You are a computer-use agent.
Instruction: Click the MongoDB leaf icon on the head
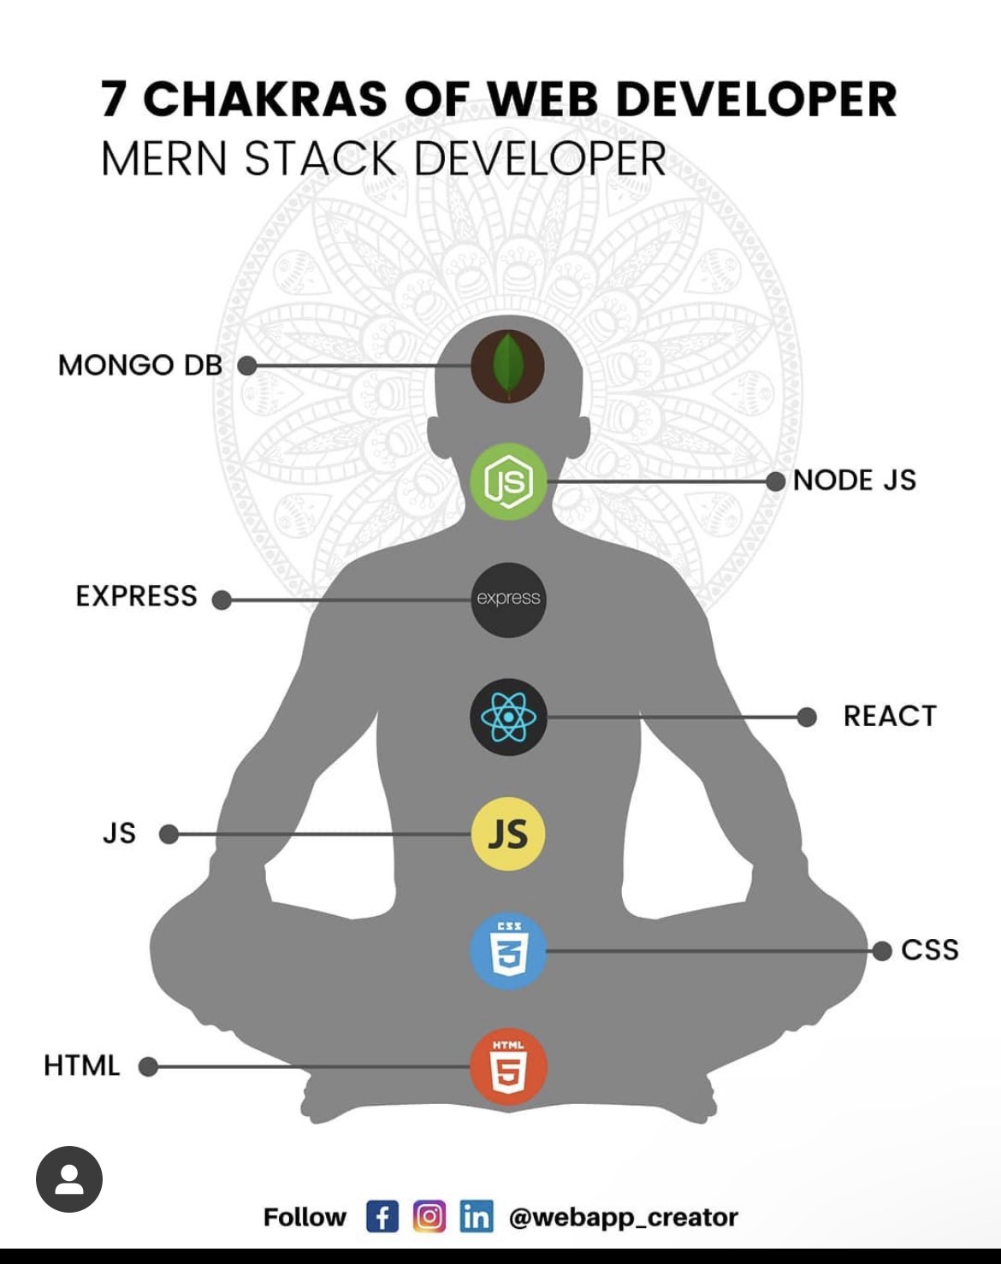(x=508, y=365)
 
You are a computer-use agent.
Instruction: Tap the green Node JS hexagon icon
(x=508, y=481)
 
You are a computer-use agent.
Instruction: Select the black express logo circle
(x=508, y=599)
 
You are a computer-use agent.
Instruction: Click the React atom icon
(x=508, y=717)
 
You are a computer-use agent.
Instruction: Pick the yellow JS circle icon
(x=508, y=834)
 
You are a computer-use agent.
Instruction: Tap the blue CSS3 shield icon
(x=508, y=951)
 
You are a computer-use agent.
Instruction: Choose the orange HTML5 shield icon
(x=508, y=1066)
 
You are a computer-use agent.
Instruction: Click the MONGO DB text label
(x=140, y=365)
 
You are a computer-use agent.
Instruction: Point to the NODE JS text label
(x=854, y=481)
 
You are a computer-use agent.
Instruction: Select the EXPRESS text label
(x=136, y=596)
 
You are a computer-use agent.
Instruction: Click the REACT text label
(x=890, y=716)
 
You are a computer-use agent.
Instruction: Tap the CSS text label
(x=929, y=950)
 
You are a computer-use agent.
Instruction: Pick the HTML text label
(x=82, y=1066)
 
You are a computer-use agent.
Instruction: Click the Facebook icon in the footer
(x=382, y=1216)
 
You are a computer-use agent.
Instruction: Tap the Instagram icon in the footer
(x=429, y=1216)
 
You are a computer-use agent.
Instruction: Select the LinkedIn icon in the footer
(x=477, y=1216)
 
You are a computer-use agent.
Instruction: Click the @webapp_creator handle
(x=623, y=1217)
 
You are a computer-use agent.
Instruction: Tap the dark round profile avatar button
(x=69, y=1179)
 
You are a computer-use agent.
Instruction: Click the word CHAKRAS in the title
(x=265, y=98)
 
